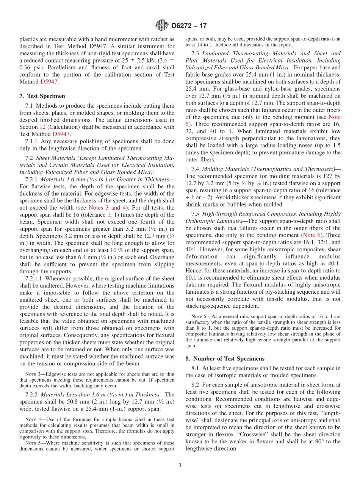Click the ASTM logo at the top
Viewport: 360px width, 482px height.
(162, 26)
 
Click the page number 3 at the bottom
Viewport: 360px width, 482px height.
(180, 465)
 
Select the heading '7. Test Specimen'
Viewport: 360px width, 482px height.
(42, 96)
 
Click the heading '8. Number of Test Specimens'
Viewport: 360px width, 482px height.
(225, 358)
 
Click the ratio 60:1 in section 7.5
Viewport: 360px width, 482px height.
(192, 278)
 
